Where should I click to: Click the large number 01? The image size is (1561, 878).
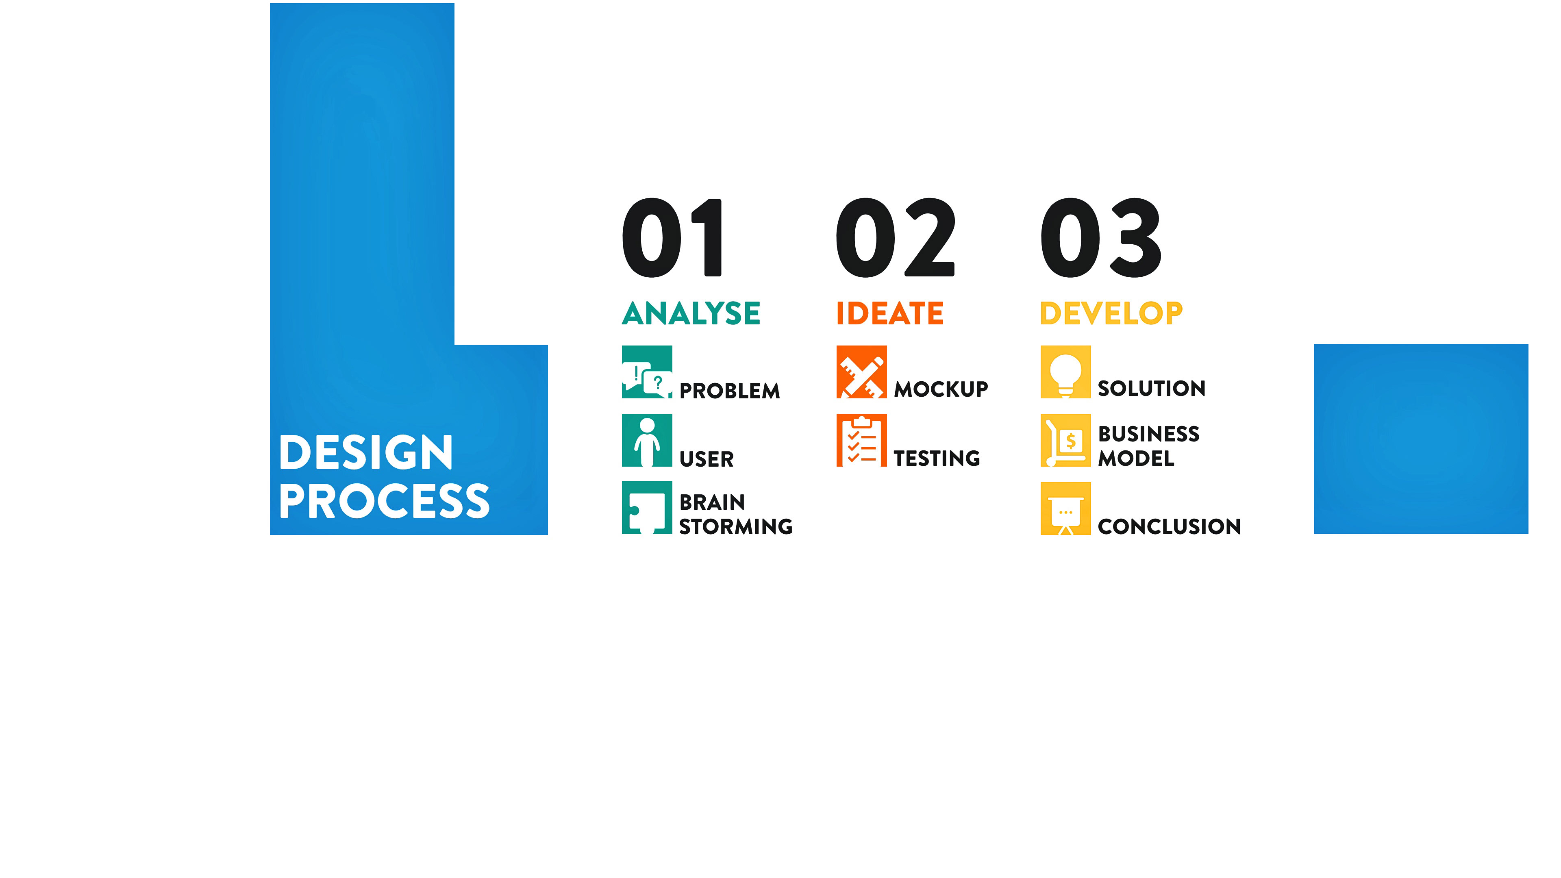point(672,237)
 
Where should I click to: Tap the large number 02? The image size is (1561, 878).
point(895,237)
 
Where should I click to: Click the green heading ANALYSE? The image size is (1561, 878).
point(691,313)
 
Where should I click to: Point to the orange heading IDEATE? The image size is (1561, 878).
point(889,313)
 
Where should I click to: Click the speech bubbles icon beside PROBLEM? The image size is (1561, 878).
point(647,372)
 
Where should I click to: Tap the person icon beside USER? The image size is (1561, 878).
point(647,441)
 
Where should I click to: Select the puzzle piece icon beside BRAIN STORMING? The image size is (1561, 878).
point(647,508)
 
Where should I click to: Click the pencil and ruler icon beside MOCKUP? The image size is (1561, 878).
point(861,372)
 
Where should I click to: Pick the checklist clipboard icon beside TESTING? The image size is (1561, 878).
point(861,441)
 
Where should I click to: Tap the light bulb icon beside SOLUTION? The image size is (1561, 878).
point(1065,372)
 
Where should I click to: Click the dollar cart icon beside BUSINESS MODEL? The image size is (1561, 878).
point(1065,441)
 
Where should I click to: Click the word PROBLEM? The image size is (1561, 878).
point(730,391)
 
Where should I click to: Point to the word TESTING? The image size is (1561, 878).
point(937,458)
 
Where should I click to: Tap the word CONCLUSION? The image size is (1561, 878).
point(1169,526)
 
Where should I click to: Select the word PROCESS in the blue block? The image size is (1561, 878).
point(384,501)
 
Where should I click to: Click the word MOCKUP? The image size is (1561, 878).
point(941,389)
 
